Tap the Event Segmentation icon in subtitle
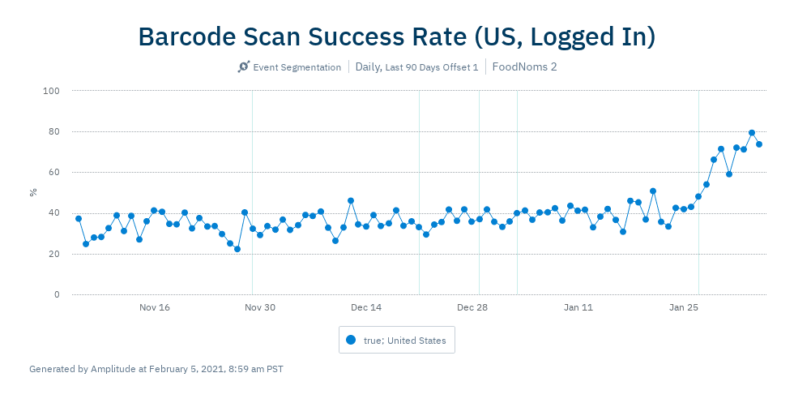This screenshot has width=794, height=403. click(x=243, y=66)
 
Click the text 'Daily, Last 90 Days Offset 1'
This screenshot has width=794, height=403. click(x=416, y=66)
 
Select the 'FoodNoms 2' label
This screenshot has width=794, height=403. click(x=524, y=66)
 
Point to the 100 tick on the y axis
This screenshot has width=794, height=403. click(x=52, y=91)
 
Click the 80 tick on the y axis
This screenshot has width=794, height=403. click(x=54, y=131)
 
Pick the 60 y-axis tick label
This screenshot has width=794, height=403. click(x=54, y=172)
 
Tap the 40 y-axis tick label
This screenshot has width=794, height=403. click(x=54, y=213)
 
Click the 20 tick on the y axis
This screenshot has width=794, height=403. click(x=54, y=254)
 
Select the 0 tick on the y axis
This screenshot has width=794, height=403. click(x=57, y=294)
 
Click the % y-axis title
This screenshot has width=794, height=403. click(x=33, y=192)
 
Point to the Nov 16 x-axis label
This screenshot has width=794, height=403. click(x=155, y=307)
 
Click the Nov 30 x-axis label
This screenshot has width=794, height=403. click(x=260, y=307)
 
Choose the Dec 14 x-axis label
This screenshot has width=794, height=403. click(x=366, y=307)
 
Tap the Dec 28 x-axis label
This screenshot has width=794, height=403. click(x=472, y=307)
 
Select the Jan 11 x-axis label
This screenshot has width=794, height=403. click(x=578, y=307)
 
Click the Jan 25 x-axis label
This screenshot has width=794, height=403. click(x=684, y=307)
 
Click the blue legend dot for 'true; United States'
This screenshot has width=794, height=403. click(x=351, y=340)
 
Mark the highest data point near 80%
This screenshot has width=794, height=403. click(x=752, y=133)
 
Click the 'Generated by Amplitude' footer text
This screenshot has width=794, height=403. click(x=156, y=369)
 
